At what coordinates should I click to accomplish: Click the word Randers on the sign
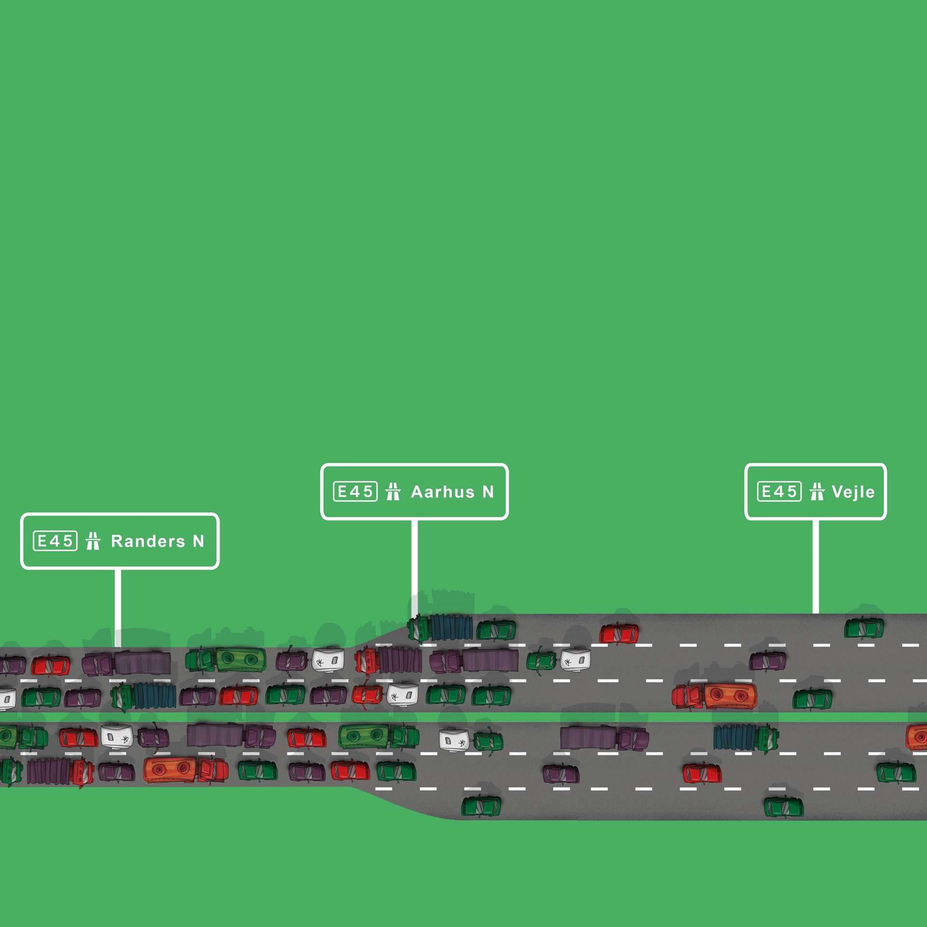(x=148, y=541)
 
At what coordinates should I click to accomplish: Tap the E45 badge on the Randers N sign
(x=55, y=541)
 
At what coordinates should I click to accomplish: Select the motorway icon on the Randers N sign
(x=93, y=541)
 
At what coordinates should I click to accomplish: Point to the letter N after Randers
(x=198, y=541)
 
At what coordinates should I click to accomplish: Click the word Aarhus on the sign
(x=443, y=492)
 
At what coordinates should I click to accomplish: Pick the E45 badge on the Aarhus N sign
(x=355, y=492)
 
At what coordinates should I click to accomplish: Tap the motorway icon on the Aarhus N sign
(x=393, y=492)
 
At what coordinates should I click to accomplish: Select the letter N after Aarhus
(x=488, y=492)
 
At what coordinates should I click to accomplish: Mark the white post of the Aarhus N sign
(x=414, y=565)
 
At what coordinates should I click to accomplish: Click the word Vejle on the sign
(x=853, y=492)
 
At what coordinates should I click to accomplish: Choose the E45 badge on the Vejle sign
(x=779, y=492)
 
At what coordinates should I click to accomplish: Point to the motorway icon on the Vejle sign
(x=817, y=492)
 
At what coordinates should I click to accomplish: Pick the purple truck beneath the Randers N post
(x=126, y=663)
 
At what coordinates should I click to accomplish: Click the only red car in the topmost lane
(x=618, y=633)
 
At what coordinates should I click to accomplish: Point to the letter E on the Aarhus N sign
(x=342, y=492)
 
